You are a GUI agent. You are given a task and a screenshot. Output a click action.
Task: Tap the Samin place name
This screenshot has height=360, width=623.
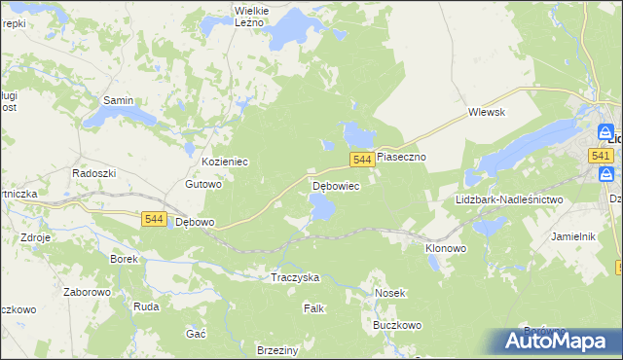[118, 100]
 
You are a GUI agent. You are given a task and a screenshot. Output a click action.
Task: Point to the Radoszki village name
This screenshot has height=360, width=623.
[94, 172]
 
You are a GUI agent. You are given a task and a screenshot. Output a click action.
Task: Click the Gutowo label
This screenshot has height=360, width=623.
[204, 183]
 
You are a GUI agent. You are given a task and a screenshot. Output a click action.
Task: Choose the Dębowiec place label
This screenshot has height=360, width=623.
[336, 185]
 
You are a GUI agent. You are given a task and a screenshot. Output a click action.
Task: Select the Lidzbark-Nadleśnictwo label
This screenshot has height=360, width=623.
[509, 199]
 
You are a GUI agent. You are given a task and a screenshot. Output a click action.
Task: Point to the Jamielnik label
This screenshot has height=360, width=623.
[572, 236]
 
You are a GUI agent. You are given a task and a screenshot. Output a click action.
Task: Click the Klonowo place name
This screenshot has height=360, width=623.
[446, 248]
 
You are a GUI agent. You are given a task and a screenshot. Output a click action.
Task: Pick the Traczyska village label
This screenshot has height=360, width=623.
[295, 277]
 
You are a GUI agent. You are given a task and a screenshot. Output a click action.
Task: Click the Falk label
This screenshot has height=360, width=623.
[313, 307]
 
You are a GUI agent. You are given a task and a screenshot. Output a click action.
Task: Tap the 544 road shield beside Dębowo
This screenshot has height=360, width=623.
[153, 220]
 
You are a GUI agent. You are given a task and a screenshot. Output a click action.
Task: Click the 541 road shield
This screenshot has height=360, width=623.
[600, 156]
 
